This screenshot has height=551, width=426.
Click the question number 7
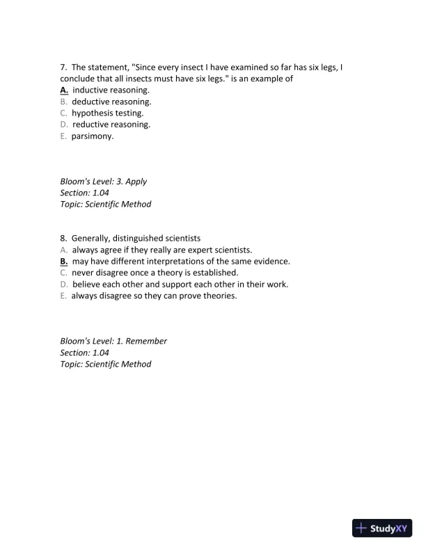[63, 67]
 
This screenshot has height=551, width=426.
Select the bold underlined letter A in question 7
[63, 90]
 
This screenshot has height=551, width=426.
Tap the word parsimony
[93, 136]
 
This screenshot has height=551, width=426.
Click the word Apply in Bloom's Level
[136, 182]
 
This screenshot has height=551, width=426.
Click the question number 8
[63, 238]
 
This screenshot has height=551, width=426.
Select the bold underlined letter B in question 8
[63, 261]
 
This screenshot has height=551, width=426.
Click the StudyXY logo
[383, 528]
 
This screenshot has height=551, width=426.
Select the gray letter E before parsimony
[63, 136]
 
